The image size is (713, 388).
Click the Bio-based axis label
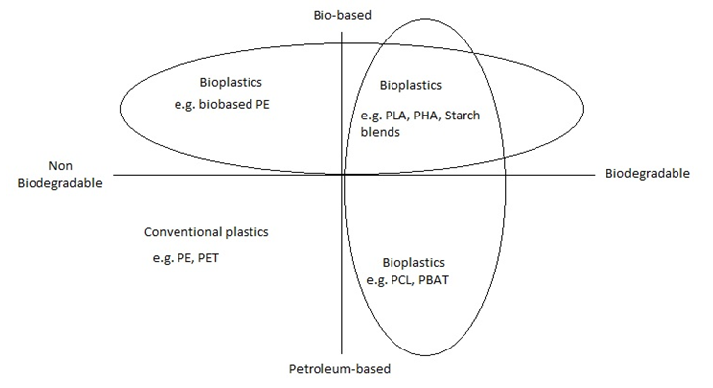pos(342,15)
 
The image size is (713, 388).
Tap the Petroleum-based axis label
pos(339,369)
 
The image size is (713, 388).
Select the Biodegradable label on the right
pos(648,174)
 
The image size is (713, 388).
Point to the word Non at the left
pos(61,166)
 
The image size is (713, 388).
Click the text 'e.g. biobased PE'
pos(222,105)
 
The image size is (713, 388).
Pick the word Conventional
pos(181,232)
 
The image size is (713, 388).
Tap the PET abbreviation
pos(208,258)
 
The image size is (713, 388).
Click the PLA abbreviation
pos(396,116)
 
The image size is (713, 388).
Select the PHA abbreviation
pos(426,116)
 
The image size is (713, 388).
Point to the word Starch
pos(463,116)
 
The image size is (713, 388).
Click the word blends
pos(380,132)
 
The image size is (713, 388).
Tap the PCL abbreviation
pos(401,280)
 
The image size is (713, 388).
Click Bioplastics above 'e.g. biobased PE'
pos(231,83)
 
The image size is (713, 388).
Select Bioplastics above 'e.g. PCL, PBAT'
pos(413,263)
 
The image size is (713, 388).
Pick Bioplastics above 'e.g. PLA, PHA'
pos(410,86)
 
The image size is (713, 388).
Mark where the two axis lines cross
pos(342,175)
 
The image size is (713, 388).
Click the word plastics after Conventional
pos(247,232)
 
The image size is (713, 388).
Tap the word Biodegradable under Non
pos(59,183)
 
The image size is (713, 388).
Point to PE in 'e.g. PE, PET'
pos(183,258)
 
